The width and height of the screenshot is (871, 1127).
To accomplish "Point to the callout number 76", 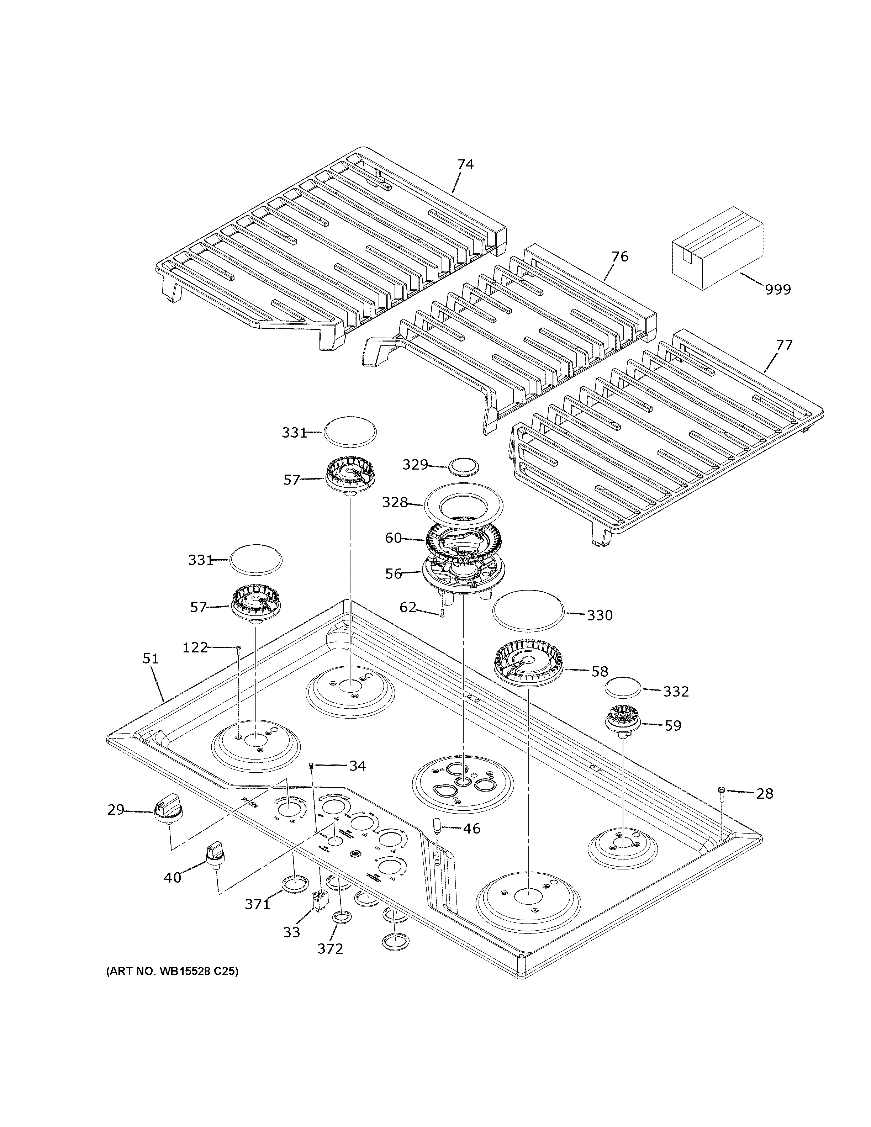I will coord(620,256).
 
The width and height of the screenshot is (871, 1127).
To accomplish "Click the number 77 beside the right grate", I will coord(784,345).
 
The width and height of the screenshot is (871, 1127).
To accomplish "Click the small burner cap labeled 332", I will coord(623,689).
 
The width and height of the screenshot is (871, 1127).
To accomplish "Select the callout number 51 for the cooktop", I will coord(150,659).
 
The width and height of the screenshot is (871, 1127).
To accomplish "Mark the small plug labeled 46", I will coord(437,826).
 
